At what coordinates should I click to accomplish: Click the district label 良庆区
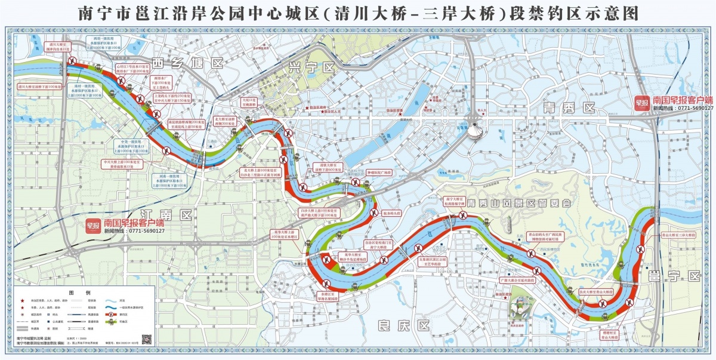coord(404,325)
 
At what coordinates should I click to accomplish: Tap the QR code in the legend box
coord(147,339)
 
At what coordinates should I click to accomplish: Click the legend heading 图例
coord(79,293)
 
